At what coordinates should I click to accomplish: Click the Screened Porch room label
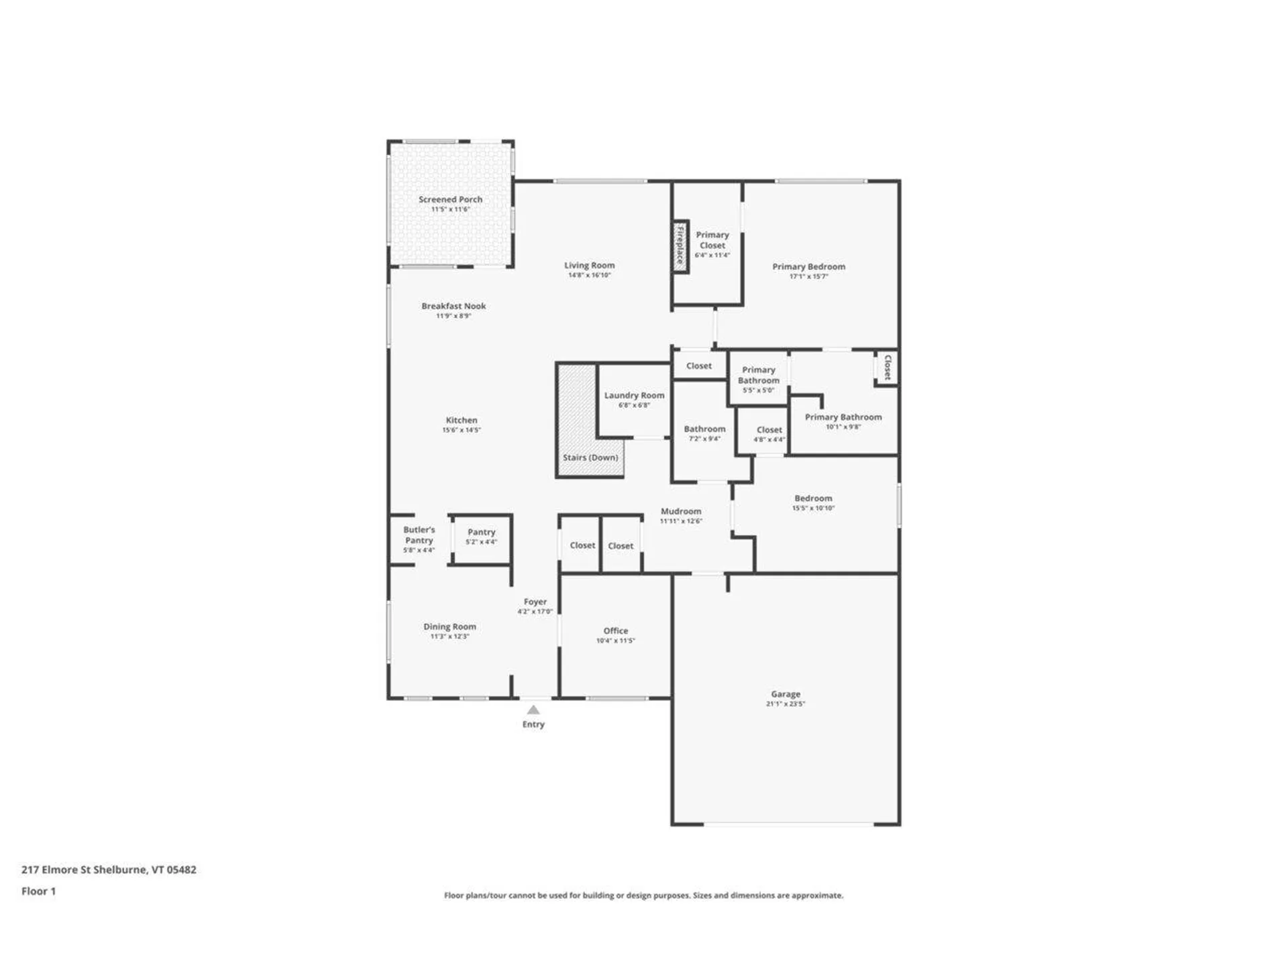(450, 199)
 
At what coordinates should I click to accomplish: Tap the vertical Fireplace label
(680, 246)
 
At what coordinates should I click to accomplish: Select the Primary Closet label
(712, 240)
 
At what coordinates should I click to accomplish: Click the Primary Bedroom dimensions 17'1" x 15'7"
(808, 276)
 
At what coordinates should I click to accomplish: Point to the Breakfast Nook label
(453, 306)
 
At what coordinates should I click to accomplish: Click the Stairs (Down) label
(590, 458)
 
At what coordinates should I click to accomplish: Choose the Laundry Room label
(634, 395)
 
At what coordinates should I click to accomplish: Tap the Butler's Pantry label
(419, 535)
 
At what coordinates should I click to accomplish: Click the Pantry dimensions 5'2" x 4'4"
(481, 542)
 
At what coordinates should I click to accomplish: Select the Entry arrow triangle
(533, 710)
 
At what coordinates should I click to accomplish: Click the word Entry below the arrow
(533, 724)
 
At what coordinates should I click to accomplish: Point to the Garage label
(786, 694)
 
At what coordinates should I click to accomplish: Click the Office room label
(615, 631)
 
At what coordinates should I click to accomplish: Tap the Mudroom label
(681, 511)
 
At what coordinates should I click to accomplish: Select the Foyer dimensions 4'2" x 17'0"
(535, 612)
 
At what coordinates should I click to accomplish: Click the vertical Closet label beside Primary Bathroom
(888, 368)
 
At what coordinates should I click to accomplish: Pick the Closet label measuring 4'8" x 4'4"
(769, 430)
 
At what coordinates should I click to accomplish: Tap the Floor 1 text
(38, 891)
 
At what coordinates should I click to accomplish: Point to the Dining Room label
(449, 627)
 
